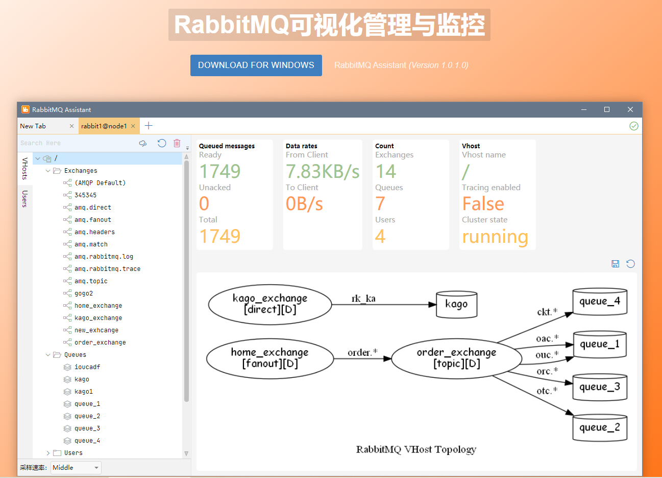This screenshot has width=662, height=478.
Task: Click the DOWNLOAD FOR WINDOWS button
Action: pos(256,65)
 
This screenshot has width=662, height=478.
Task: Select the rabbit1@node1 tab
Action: pos(104,126)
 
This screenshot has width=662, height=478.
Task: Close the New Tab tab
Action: pos(71,126)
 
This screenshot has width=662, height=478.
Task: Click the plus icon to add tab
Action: pos(149,126)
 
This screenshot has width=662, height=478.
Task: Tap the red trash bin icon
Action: pos(177,143)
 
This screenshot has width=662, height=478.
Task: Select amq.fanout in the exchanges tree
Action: pos(92,220)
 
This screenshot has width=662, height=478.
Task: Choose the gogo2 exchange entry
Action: pos(84,293)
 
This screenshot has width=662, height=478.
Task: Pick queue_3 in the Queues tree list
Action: pos(87,428)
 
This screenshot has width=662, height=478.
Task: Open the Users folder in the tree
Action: pos(73,453)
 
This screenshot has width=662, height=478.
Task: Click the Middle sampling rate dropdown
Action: pos(76,468)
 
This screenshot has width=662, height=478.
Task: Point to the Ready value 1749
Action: pos(219,171)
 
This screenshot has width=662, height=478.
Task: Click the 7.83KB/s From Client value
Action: pos(323,171)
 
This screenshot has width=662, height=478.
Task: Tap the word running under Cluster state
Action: pos(495,237)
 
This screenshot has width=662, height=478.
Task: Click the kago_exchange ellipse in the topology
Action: pos(270,304)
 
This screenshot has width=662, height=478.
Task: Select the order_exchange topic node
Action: pos(456,358)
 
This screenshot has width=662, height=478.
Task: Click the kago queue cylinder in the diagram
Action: pos(456,305)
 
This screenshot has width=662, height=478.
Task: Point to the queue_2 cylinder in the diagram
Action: pos(599,427)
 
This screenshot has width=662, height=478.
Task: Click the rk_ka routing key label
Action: pos(363,299)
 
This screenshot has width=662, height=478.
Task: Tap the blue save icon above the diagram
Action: pos(615,264)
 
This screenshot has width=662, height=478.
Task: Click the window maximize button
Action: pos(607,109)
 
